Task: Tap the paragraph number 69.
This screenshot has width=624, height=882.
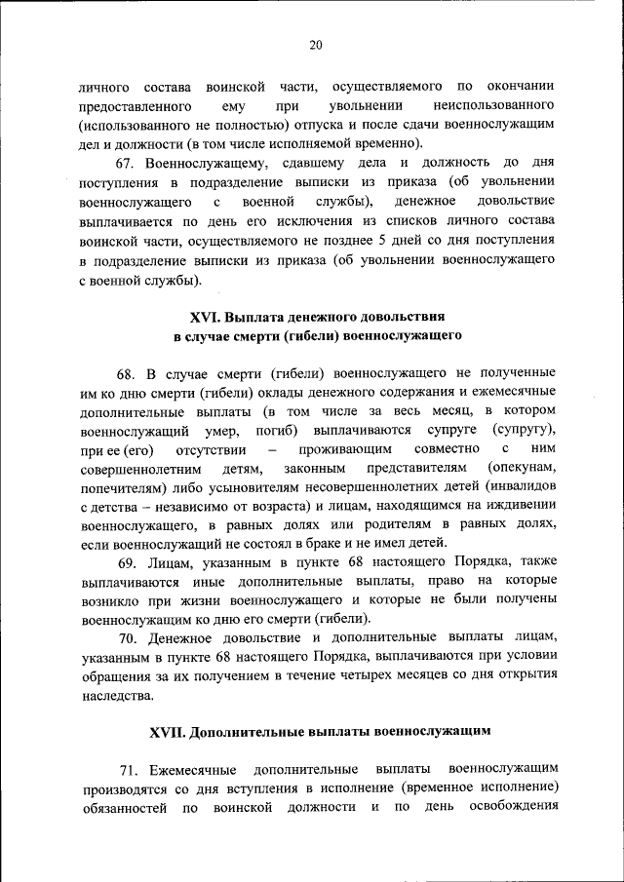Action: (x=127, y=562)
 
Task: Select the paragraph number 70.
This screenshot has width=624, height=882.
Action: (x=127, y=638)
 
